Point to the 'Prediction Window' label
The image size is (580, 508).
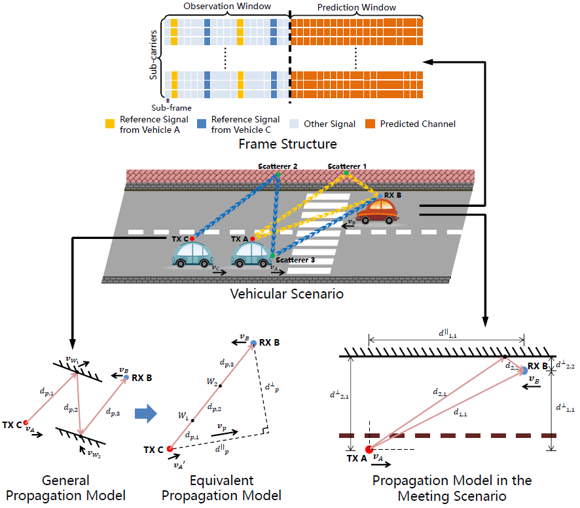click(357, 8)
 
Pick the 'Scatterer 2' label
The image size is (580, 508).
click(277, 167)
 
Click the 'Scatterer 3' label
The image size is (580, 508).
click(295, 260)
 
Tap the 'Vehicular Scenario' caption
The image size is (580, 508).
click(287, 294)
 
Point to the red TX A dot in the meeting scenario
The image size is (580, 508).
click(369, 449)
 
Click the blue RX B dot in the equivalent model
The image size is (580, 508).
click(253, 342)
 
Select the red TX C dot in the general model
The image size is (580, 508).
click(25, 423)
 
